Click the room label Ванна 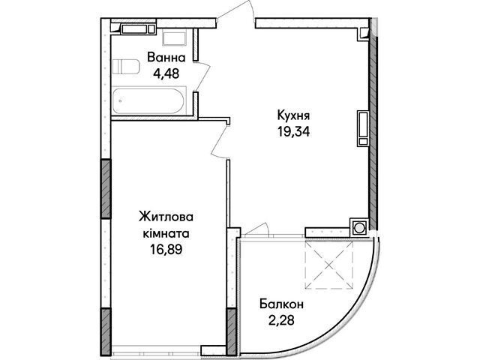166,58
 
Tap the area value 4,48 166,73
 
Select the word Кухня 293,115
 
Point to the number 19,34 293,132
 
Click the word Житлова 166,217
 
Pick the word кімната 166,233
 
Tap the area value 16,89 166,250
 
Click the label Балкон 282,304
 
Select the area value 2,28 282,320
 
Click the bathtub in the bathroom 149,100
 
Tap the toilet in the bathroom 126,67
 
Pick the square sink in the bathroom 174,37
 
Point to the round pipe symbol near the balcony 358,228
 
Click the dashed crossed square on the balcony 329,265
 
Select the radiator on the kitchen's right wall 363,128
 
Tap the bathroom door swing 202,76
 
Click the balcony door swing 256,229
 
